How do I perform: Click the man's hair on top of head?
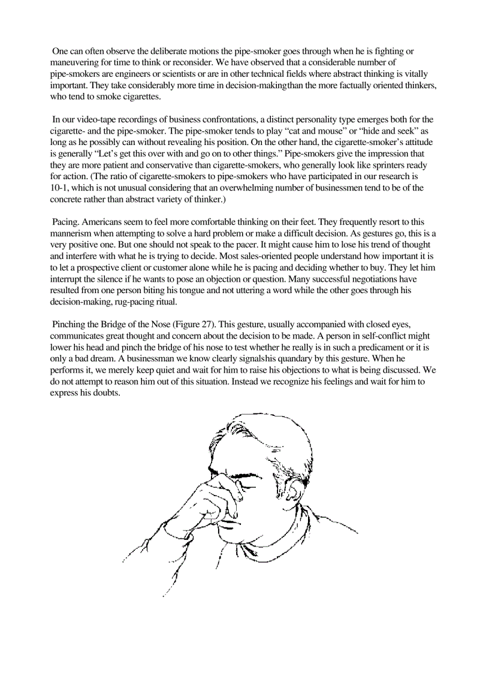click(x=264, y=431)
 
